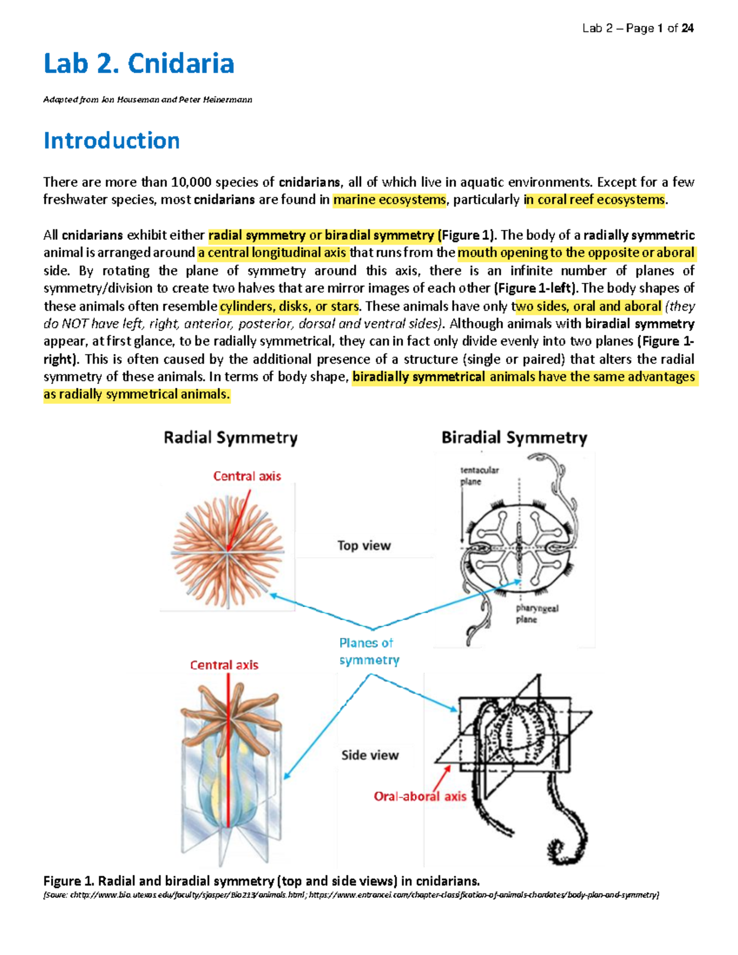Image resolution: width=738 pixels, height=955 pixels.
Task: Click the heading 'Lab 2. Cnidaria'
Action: pyautogui.click(x=138, y=64)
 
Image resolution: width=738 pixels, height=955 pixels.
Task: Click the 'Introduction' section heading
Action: pyautogui.click(x=111, y=141)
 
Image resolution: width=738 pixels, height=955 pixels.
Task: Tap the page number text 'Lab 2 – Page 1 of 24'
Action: pyautogui.click(x=638, y=28)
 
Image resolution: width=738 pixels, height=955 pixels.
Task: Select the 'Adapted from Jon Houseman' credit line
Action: pyautogui.click(x=148, y=100)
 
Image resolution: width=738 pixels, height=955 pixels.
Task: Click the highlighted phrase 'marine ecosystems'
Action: pyautogui.click(x=389, y=200)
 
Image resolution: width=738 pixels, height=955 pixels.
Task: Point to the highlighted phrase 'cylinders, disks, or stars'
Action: pyautogui.click(x=289, y=306)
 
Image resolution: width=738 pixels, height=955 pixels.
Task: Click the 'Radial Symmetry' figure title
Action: pyautogui.click(x=231, y=438)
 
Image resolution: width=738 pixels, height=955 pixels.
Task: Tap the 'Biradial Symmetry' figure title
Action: pyautogui.click(x=514, y=438)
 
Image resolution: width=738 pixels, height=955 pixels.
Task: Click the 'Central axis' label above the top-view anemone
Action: pyautogui.click(x=247, y=476)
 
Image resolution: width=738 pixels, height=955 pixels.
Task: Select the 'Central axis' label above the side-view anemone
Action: pyautogui.click(x=224, y=665)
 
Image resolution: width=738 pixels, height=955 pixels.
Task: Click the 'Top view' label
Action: pyautogui.click(x=364, y=545)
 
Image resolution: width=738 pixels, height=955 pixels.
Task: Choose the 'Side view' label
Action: pyautogui.click(x=370, y=755)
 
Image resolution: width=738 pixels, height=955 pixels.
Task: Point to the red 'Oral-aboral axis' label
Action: pyautogui.click(x=420, y=796)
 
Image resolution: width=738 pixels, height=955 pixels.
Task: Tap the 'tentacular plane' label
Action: pyautogui.click(x=479, y=475)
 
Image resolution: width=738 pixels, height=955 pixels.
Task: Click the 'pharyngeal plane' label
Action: pyautogui.click(x=536, y=614)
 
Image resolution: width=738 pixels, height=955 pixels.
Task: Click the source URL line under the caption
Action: pyautogui.click(x=351, y=895)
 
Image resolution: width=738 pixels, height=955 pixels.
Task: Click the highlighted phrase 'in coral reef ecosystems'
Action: pyautogui.click(x=595, y=200)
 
